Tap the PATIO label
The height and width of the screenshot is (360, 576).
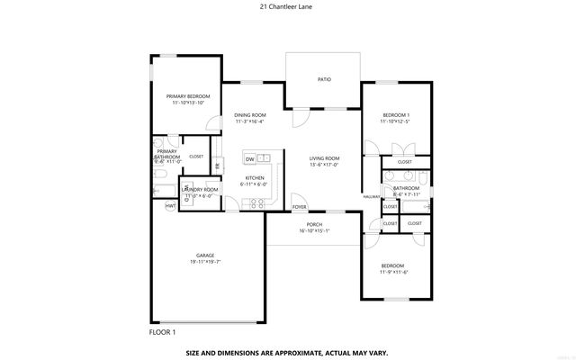[324, 80]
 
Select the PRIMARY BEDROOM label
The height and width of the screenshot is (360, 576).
[188, 95]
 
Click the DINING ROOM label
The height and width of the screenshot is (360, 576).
[250, 114]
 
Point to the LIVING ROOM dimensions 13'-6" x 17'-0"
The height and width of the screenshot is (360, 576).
[324, 165]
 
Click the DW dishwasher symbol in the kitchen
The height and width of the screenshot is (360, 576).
[249, 159]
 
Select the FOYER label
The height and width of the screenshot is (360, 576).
[300, 206]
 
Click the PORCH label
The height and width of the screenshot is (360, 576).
[314, 224]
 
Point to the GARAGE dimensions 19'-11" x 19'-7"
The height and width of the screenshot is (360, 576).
[205, 262]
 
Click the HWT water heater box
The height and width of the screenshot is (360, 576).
[169, 205]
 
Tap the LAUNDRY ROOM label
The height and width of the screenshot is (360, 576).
[200, 190]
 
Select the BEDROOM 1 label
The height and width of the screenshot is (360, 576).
[396, 114]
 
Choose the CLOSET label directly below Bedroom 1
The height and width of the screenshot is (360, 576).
[405, 162]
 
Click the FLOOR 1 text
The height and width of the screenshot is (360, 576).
[163, 332]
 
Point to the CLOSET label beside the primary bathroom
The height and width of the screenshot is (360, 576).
[196, 156]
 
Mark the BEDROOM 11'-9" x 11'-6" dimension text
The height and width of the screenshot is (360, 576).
[394, 273]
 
